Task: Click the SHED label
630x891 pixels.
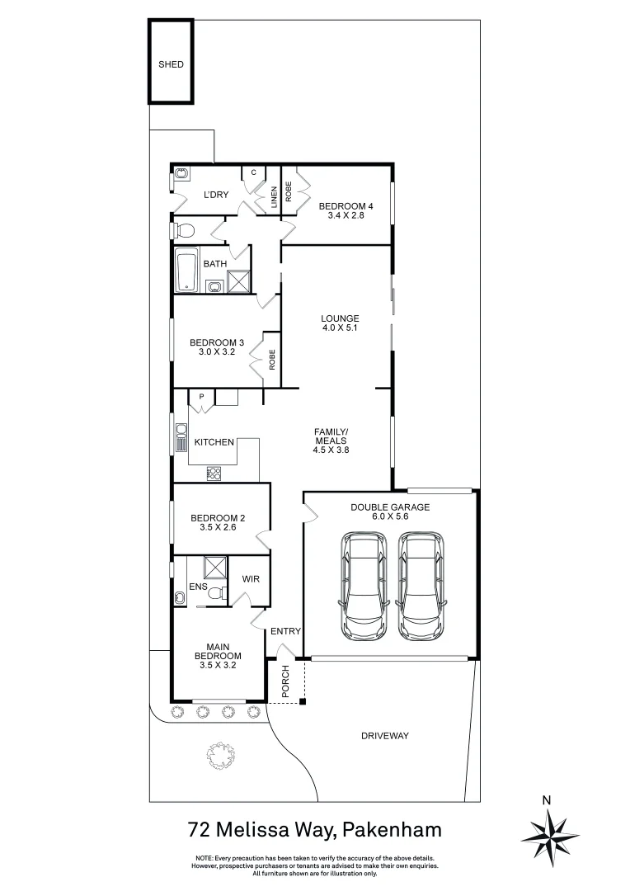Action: pos(171,64)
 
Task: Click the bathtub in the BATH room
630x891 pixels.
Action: pos(185,271)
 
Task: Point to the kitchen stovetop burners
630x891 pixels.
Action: pos(214,474)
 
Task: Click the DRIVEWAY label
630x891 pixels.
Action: pos(385,735)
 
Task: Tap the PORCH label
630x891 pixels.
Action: pos(285,683)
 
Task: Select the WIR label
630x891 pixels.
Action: pos(251,579)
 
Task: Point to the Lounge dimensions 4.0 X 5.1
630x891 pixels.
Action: pos(340,328)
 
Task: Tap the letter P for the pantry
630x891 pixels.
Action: pos(200,397)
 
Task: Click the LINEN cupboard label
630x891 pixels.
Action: pos(273,198)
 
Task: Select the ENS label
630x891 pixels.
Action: pos(198,587)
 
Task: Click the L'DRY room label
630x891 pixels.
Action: pos(216,195)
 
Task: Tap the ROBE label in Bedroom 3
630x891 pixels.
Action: pos(271,360)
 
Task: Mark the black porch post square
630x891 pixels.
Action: pos(303,702)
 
